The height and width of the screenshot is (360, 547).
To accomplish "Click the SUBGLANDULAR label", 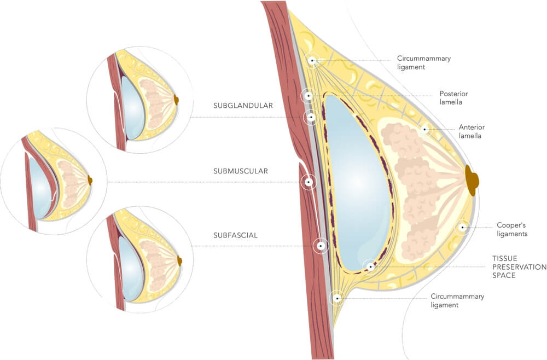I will click(243, 106).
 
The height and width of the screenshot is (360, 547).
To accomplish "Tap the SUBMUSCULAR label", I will click(241, 171).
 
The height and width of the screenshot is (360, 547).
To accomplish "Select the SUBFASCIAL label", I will click(236, 236).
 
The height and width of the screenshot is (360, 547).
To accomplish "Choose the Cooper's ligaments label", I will click(512, 229).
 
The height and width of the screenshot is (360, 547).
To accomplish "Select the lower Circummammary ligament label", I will click(457, 300).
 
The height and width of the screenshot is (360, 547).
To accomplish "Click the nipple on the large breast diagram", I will click(472, 179).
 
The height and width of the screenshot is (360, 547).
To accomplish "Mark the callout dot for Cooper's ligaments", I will click(463, 227).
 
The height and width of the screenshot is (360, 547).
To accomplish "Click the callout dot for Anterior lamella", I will click(424, 130).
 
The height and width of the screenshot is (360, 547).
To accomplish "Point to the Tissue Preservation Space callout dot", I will click(370, 267).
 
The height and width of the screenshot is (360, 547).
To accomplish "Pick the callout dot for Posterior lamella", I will click(309, 96).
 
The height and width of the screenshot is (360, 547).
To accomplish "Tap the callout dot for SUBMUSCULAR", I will click(309, 182).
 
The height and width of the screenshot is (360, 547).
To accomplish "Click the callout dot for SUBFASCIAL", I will click(321, 246).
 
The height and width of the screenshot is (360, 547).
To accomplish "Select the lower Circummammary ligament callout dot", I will click(337, 298).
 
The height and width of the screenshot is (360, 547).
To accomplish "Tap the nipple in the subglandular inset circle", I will click(176, 100).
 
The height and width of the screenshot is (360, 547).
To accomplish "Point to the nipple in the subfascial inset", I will click(179, 261).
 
